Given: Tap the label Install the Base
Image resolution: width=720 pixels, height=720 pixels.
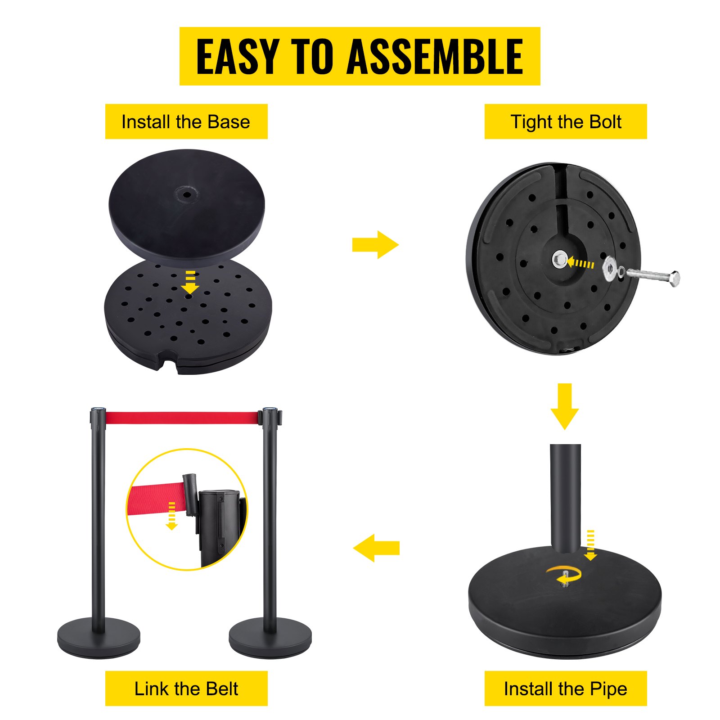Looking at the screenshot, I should (186, 122).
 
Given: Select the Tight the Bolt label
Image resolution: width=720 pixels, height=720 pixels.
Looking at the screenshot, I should (565, 122).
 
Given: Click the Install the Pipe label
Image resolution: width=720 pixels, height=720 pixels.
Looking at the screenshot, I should (565, 688).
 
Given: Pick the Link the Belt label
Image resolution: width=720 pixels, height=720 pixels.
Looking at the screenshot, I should (186, 688).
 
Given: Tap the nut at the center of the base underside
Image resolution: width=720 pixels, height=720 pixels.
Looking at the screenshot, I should (560, 260).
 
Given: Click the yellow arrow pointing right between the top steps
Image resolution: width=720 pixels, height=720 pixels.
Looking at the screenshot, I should (375, 245).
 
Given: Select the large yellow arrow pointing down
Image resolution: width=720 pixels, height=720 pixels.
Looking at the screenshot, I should (564, 406).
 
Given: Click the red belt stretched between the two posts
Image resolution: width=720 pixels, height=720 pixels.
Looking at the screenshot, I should (182, 418).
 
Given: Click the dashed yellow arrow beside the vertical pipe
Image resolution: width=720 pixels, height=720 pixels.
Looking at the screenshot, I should (590, 545).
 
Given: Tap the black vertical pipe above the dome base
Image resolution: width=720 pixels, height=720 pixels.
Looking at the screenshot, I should (565, 495).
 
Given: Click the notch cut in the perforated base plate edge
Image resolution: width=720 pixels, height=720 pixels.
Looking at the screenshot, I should (167, 364).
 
